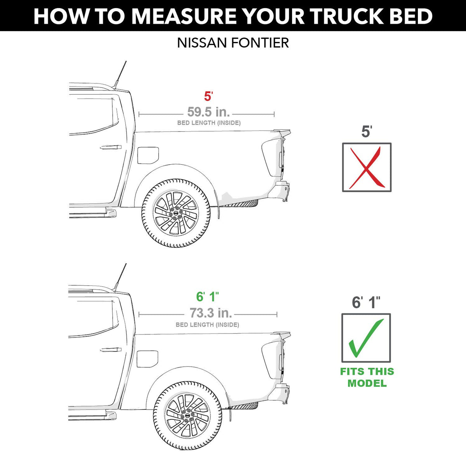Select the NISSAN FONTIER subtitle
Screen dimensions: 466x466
tap(233, 43)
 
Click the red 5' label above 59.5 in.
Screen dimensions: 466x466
tap(207, 96)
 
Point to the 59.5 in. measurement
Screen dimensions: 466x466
tap(209, 111)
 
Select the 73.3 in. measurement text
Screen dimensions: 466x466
tap(210, 313)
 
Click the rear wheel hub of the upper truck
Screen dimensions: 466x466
tap(176, 213)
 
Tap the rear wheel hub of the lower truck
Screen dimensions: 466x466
tap(188, 416)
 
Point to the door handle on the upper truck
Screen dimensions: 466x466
tap(111, 147)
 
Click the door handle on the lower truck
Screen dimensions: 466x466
tap(111, 349)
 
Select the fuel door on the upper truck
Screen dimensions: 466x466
tap(148, 155)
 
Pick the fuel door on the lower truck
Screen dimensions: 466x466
tap(147, 359)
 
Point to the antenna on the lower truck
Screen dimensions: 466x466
tap(120, 277)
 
